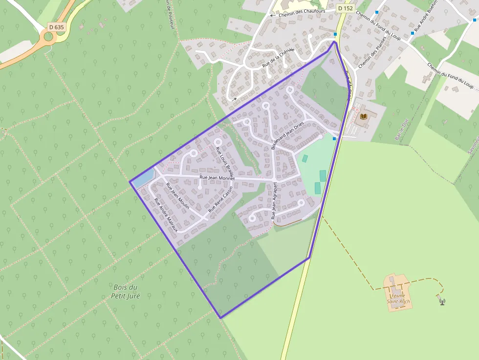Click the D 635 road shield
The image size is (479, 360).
[x=56, y=27]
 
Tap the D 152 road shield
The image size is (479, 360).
[x=345, y=8]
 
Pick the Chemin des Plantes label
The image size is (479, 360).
[x=372, y=52]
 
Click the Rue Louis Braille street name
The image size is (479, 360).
[x=225, y=161]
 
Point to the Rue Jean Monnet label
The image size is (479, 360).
[x=217, y=178]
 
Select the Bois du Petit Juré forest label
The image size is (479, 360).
[x=125, y=292]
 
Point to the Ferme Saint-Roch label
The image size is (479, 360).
[x=398, y=298]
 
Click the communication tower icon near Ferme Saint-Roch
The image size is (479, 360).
[x=442, y=300]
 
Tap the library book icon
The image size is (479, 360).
[x=363, y=116]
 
